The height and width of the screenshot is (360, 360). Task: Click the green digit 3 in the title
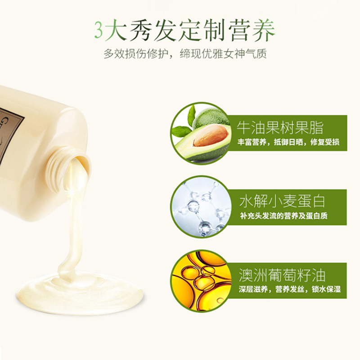[98, 30]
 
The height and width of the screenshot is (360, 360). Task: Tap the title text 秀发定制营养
[202, 30]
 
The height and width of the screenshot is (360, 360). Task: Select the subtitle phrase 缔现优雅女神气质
[223, 54]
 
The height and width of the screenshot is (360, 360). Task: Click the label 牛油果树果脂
[280, 128]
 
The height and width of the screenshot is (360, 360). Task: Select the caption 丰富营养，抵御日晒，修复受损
[288, 142]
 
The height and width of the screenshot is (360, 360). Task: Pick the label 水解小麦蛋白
[282, 201]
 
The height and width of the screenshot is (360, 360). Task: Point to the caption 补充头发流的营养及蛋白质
[284, 216]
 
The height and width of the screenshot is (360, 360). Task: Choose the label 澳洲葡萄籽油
[282, 275]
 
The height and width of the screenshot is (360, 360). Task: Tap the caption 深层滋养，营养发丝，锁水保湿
[290, 289]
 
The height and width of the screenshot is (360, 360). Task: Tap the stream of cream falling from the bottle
[74, 218]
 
